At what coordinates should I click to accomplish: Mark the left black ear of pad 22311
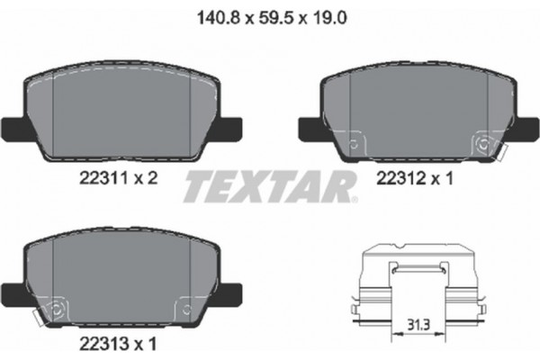tap(13, 128)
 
